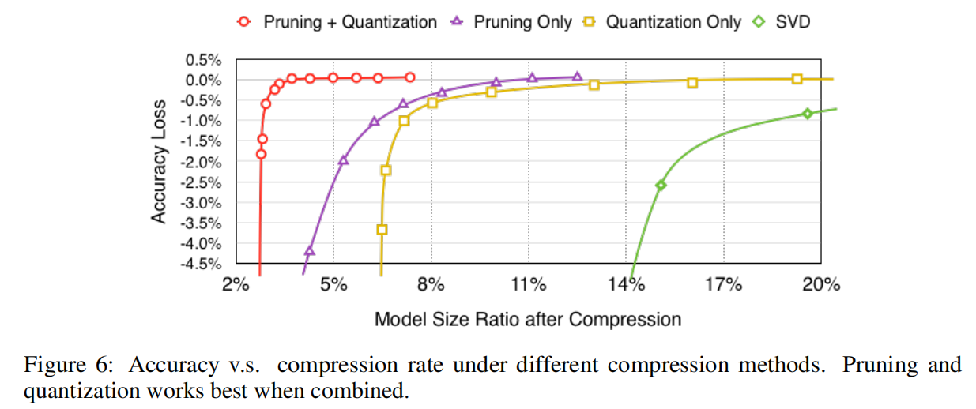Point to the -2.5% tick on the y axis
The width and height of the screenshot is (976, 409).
(x=202, y=182)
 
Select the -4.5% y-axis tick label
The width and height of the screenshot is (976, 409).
(x=202, y=264)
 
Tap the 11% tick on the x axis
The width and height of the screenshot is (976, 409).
(x=529, y=284)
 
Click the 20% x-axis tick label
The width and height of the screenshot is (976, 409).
(x=821, y=284)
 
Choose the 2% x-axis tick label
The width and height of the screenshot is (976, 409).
(x=236, y=284)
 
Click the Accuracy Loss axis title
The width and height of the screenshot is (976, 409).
(x=159, y=162)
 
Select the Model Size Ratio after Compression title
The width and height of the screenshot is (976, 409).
(x=527, y=319)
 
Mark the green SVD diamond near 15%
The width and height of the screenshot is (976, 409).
(x=661, y=185)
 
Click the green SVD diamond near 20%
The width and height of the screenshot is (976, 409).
(x=807, y=114)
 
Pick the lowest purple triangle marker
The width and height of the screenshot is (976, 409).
(x=310, y=251)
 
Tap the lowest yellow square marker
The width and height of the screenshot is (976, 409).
(x=382, y=230)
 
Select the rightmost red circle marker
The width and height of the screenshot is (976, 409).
(x=410, y=77)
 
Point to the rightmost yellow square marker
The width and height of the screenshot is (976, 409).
(x=797, y=79)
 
